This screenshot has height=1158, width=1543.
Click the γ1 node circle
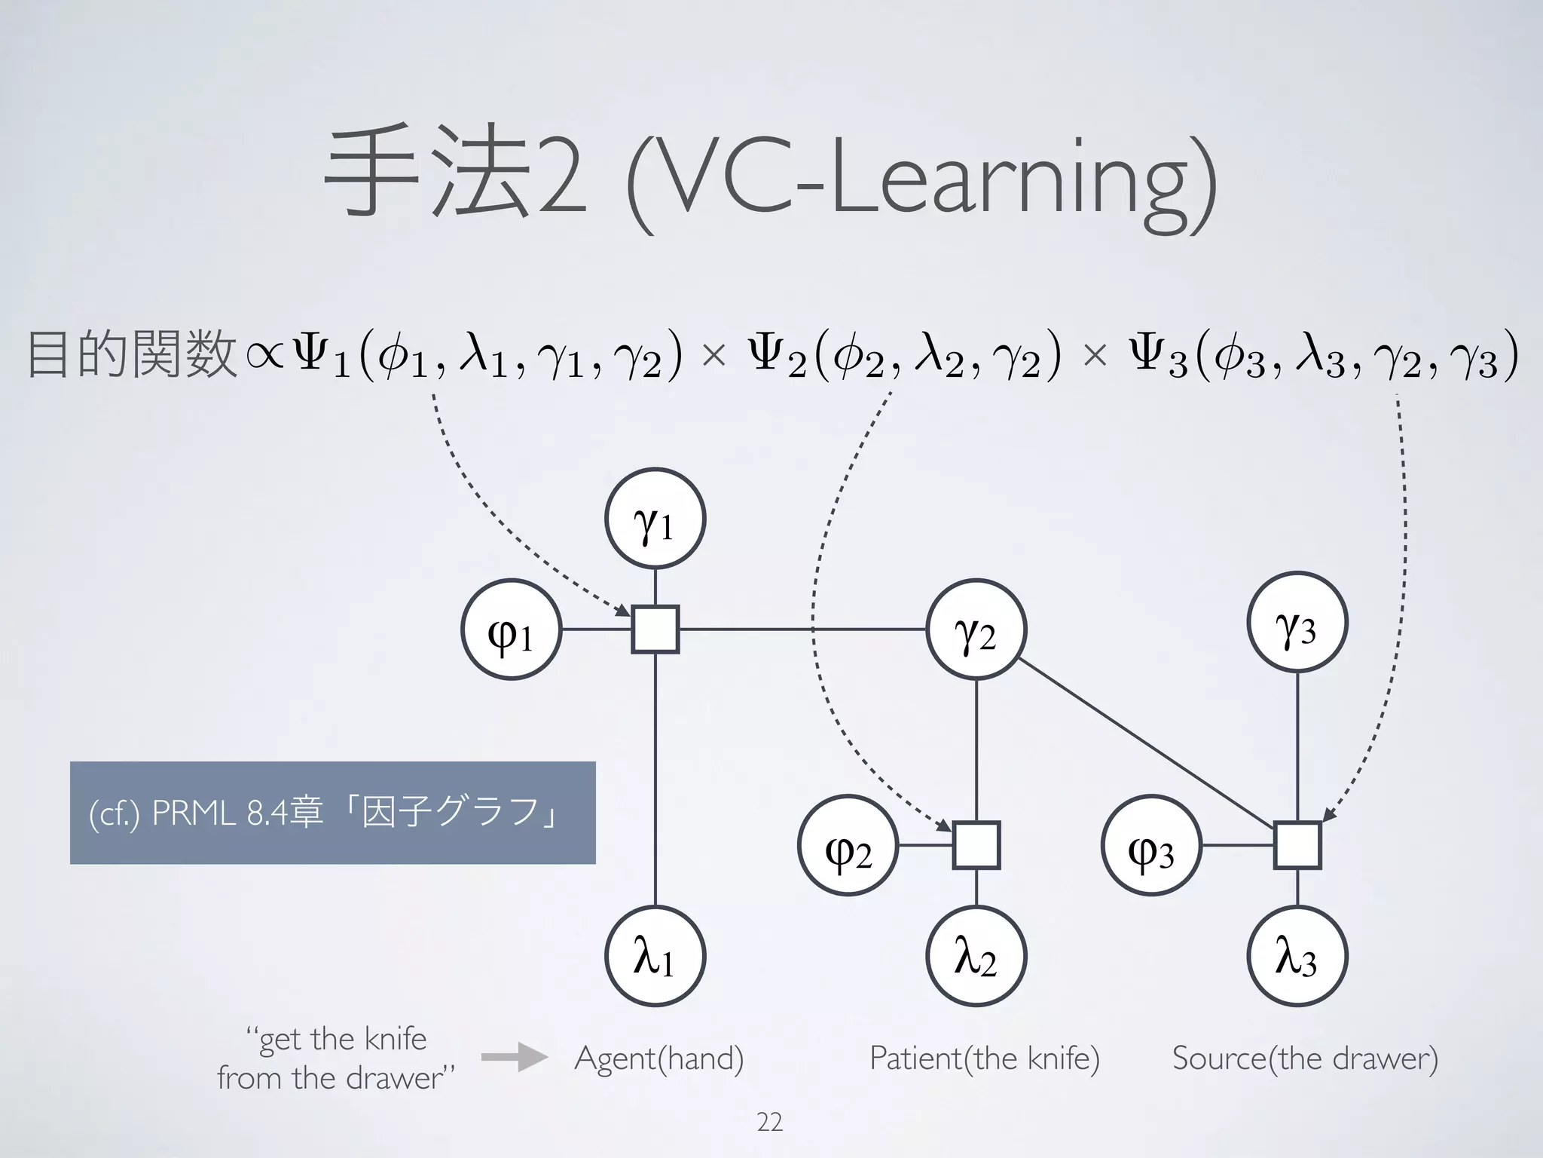click(x=655, y=518)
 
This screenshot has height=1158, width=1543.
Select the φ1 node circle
click(x=511, y=629)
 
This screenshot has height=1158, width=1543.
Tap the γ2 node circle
click(x=976, y=629)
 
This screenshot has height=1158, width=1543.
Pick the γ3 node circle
click(x=1297, y=622)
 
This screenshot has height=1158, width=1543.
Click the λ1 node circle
click(x=655, y=955)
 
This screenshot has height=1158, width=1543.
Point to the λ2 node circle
click(x=976, y=955)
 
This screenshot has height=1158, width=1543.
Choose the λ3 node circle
click(x=1297, y=955)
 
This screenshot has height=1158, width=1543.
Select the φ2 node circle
click(x=848, y=845)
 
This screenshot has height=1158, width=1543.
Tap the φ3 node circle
click(x=1151, y=845)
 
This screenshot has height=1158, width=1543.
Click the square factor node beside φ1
click(x=655, y=629)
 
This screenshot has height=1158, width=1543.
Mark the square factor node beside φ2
click(x=976, y=845)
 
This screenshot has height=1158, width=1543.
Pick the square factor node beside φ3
click(x=1297, y=845)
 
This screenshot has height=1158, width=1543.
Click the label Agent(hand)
click(x=659, y=1058)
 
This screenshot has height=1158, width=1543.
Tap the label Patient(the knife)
click(x=984, y=1058)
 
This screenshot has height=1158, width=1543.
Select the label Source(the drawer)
click(x=1305, y=1058)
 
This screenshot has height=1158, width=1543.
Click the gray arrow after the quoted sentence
click(x=514, y=1057)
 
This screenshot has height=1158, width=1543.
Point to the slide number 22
click(x=769, y=1123)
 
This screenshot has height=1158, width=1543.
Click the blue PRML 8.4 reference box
click(x=332, y=813)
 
